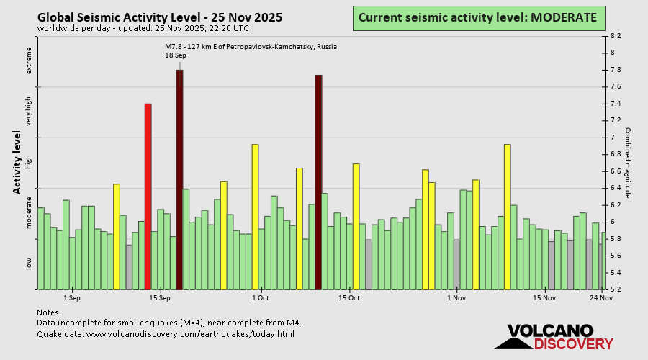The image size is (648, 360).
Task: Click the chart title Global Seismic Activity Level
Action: (160, 17)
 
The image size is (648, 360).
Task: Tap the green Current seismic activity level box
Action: (477, 17)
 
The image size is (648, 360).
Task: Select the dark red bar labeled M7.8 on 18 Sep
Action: (179, 180)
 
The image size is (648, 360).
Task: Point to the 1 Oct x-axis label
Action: (261, 297)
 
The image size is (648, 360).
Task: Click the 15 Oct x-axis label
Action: (349, 297)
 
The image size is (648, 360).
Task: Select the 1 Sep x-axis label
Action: (71, 297)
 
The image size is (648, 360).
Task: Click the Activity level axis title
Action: (17, 162)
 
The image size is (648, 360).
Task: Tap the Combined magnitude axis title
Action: (628, 163)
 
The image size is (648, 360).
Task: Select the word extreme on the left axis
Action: (30, 60)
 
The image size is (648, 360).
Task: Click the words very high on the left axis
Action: (30, 112)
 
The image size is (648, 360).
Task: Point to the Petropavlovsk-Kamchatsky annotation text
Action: (251, 47)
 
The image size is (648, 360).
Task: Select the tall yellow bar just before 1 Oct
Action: (255, 216)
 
